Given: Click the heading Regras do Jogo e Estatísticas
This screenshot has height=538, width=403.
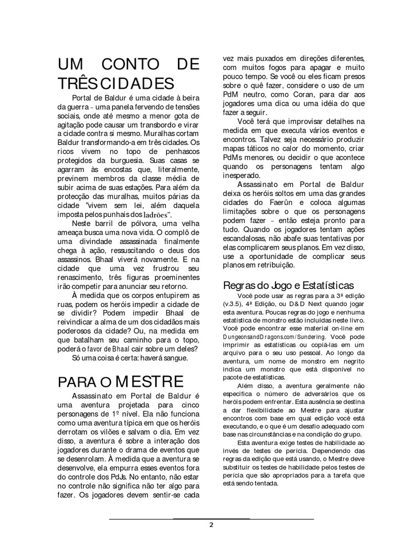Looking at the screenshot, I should click(288, 286).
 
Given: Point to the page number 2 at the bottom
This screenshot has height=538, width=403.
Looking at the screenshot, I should click(211, 524).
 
